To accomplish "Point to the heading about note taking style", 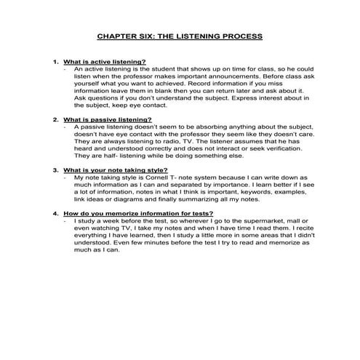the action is click(116, 169).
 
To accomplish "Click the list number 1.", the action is click(55, 62).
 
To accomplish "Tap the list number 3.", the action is click(55, 169).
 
